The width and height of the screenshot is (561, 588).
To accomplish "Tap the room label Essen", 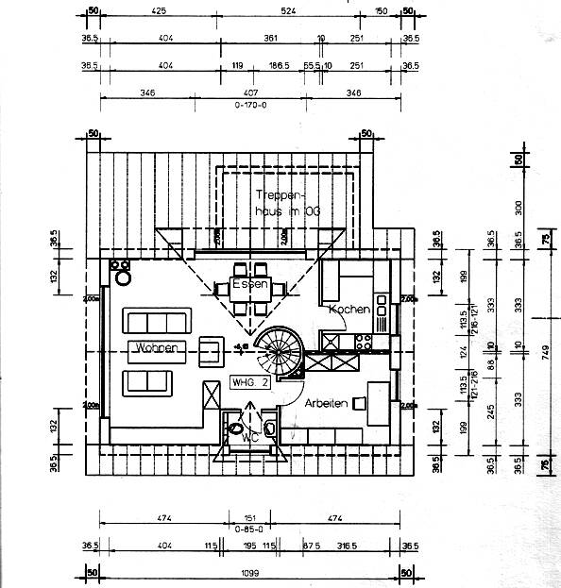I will [x=252, y=284].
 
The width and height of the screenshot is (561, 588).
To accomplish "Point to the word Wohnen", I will [x=157, y=348].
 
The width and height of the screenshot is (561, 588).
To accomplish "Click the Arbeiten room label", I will [x=326, y=403].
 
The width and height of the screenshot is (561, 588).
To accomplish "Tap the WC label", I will [x=250, y=437].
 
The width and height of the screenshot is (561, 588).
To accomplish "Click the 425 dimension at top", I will [x=159, y=11].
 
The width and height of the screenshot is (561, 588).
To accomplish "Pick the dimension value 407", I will [x=250, y=93].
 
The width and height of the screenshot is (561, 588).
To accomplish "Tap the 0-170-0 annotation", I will [x=250, y=106].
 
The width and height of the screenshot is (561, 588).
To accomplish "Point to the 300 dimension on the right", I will [x=518, y=205].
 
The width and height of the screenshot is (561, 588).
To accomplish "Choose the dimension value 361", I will [x=270, y=38].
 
